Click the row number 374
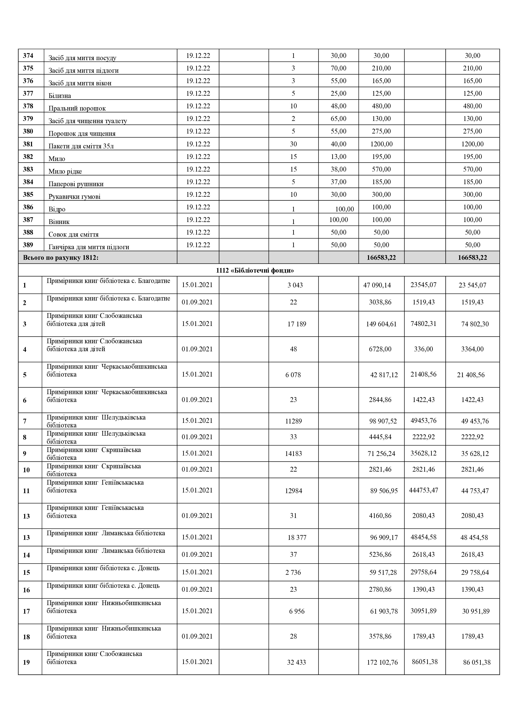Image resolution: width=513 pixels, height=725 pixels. tap(28, 56)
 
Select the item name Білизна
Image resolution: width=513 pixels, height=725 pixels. tap(60, 96)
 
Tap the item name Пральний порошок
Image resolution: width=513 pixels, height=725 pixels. tap(77, 108)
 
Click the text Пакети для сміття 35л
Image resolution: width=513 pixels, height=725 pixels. tap(81, 146)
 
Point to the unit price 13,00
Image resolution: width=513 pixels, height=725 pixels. tap(338, 157)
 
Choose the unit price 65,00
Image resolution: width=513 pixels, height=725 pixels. tap(338, 119)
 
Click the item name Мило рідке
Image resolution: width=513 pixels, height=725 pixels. tap(65, 172)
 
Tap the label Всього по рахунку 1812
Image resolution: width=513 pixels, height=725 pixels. tap(61, 258)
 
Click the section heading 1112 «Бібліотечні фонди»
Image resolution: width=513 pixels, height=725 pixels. tap(255, 270)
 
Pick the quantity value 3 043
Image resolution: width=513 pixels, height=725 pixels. tap(295, 285)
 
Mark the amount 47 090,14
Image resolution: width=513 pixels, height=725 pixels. tap(377, 285)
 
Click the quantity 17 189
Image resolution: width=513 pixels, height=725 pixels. tap(297, 324)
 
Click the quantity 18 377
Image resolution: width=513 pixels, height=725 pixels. tap(297, 537)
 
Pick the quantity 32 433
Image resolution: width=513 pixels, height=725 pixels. tap(296, 662)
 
